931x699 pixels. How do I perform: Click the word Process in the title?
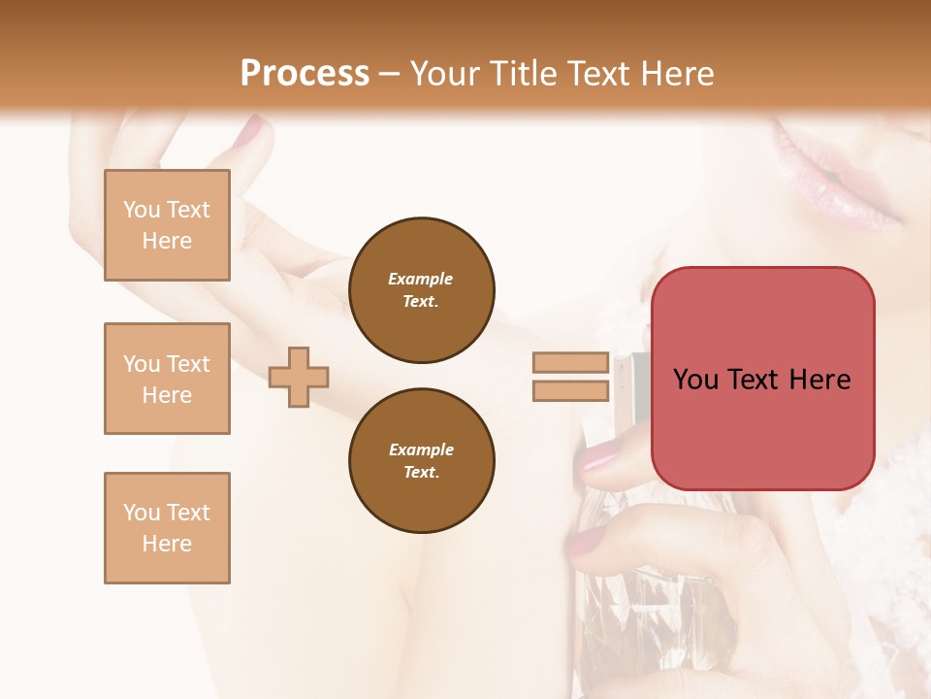pyautogui.click(x=305, y=74)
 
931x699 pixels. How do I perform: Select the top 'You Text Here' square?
pyautogui.click(x=167, y=225)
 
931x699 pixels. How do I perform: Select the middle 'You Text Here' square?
pyautogui.click(x=167, y=379)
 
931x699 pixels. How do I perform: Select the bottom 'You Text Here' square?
pyautogui.click(x=167, y=528)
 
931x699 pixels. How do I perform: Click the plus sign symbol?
pyautogui.click(x=299, y=377)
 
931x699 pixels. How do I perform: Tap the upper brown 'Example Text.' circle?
pyautogui.click(x=421, y=290)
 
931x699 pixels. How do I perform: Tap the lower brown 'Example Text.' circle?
pyautogui.click(x=421, y=460)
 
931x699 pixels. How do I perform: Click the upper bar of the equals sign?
pyautogui.click(x=570, y=363)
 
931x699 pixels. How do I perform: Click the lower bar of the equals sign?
pyautogui.click(x=570, y=390)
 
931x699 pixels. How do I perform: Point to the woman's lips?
pyautogui.click(x=834, y=175)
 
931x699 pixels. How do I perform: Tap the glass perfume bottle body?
pyautogui.click(x=621, y=602)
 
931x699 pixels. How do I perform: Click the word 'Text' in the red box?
pyautogui.click(x=761, y=380)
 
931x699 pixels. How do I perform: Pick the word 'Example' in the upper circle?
pyautogui.click(x=421, y=279)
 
